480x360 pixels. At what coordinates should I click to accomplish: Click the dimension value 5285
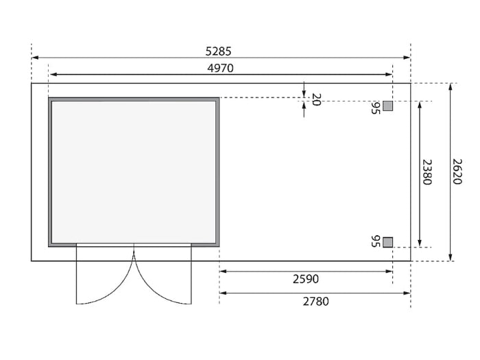218,51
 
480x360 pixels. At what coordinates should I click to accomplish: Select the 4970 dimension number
220,68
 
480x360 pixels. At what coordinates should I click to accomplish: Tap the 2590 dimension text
306,279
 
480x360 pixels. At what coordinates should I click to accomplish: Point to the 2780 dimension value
316,302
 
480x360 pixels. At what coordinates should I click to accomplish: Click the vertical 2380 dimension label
427,172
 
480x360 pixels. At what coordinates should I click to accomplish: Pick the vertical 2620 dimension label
457,171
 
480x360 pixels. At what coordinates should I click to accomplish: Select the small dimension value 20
316,99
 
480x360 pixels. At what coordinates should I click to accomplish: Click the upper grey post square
387,106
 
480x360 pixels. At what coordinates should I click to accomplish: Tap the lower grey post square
387,242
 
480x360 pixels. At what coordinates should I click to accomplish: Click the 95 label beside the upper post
376,108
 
